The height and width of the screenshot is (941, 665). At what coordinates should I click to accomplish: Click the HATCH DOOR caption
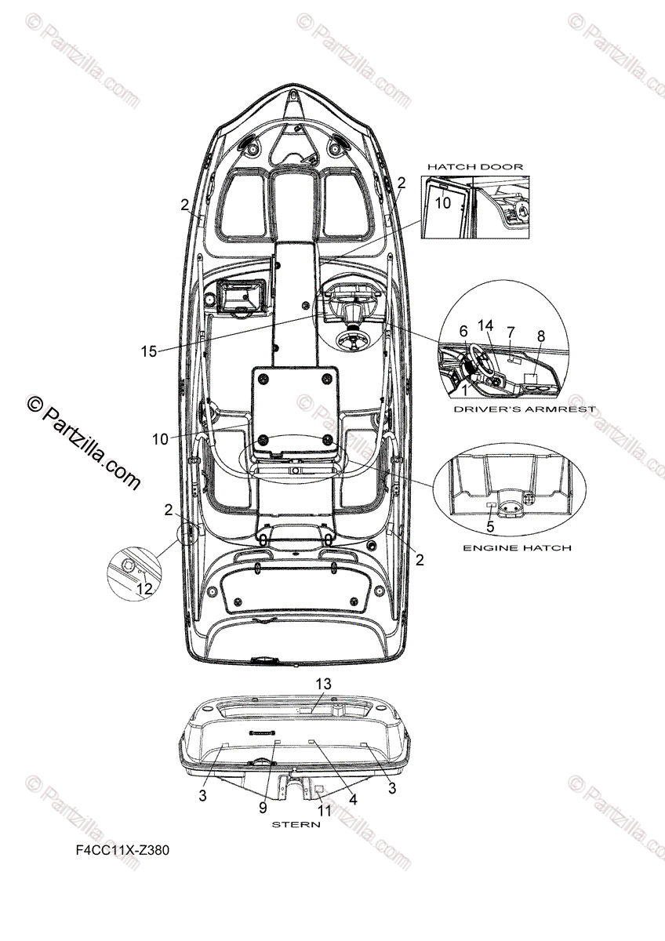point(474,167)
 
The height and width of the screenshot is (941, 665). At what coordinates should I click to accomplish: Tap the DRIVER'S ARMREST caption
point(525,409)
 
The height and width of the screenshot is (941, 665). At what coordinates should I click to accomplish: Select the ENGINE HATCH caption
point(516,547)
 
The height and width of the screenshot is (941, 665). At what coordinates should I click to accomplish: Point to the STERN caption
point(296,825)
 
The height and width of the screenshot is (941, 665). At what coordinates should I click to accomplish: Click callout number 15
point(149,352)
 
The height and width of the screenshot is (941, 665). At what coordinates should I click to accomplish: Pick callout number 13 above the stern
point(323,684)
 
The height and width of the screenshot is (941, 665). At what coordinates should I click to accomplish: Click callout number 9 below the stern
point(263,807)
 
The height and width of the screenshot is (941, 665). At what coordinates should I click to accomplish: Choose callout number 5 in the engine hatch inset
point(489,528)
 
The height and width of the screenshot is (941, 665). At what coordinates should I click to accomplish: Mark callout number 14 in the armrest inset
point(485,325)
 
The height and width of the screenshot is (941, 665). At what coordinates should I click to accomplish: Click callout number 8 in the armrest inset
point(540,336)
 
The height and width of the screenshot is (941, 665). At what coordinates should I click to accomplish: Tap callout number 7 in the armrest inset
point(511,332)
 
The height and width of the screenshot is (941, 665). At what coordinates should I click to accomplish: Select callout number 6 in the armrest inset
point(463,332)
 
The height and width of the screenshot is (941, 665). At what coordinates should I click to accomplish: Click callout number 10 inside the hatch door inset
point(443,202)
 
